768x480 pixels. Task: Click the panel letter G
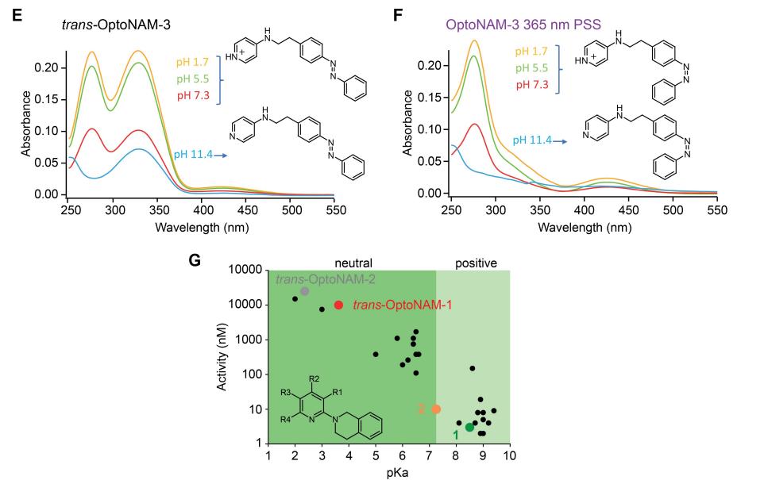(195, 259)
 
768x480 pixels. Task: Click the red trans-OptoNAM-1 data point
(338, 305)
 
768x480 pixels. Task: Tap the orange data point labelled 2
(436, 409)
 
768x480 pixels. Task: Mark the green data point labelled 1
(469, 428)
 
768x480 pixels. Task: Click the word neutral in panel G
(353, 262)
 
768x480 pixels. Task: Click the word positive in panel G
(473, 262)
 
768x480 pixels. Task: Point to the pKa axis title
(388, 473)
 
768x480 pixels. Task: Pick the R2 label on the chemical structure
(315, 377)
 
